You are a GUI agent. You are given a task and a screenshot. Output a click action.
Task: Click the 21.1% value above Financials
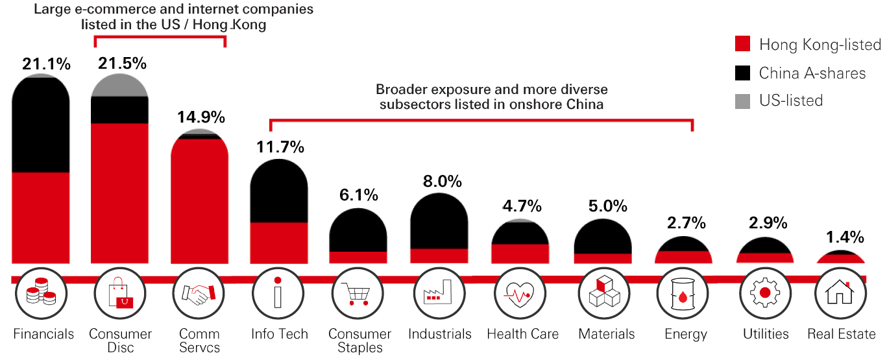pyautogui.click(x=46, y=64)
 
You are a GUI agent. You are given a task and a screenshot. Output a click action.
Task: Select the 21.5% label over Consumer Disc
pyautogui.click(x=122, y=64)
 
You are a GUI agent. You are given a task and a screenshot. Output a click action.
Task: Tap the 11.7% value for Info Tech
pyautogui.click(x=280, y=147)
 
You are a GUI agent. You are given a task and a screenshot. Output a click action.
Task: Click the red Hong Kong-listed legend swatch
pyautogui.click(x=743, y=44)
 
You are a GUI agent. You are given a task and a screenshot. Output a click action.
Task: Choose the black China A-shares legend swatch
pyautogui.click(x=743, y=73)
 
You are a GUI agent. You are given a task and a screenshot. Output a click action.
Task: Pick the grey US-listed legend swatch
pyautogui.click(x=743, y=101)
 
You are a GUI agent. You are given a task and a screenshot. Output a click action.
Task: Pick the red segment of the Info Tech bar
pyautogui.click(x=280, y=243)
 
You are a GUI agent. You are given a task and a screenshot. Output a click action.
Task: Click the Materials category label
pyautogui.click(x=607, y=335)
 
